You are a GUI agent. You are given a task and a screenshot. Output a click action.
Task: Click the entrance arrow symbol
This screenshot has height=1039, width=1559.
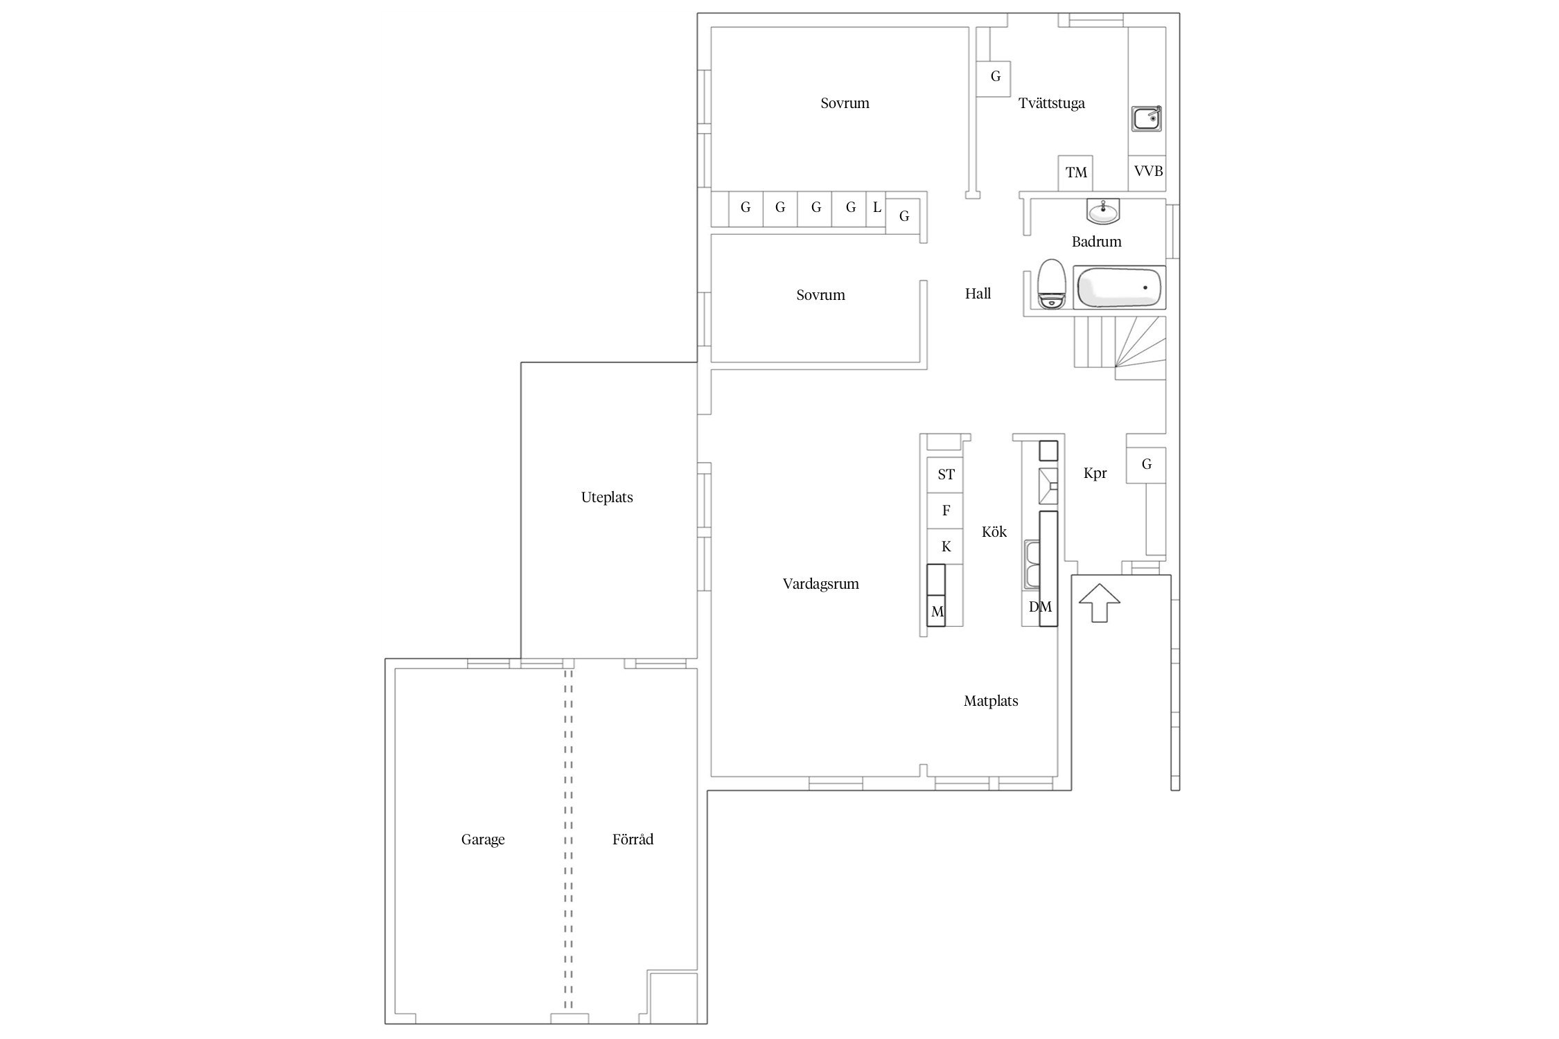(1100, 603)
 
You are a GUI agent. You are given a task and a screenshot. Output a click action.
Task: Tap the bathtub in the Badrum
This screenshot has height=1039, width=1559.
(1120, 287)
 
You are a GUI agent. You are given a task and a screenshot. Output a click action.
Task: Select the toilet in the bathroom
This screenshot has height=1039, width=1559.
(1051, 284)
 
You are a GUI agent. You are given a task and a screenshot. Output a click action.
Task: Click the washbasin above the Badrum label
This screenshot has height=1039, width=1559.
(1103, 211)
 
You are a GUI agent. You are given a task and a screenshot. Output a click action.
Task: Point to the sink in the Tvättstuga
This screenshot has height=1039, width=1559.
(1147, 118)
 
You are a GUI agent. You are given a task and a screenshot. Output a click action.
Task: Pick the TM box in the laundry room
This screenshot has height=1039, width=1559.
(1075, 173)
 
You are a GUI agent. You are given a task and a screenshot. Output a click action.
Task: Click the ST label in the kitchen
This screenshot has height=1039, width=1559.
(946, 474)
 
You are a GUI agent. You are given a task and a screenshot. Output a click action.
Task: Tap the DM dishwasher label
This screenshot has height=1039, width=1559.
(1040, 607)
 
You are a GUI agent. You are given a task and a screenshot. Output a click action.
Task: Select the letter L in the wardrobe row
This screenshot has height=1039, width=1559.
(877, 207)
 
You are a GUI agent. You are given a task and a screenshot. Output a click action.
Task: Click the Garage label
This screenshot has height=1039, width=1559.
(483, 840)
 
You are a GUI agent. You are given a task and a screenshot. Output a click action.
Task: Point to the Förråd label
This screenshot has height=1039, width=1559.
(633, 839)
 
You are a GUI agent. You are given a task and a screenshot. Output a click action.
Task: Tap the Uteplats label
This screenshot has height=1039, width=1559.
(607, 497)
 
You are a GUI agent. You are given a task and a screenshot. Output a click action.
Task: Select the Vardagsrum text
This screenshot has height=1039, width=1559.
(820, 584)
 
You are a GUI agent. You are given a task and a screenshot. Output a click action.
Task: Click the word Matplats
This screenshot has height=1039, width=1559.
(991, 701)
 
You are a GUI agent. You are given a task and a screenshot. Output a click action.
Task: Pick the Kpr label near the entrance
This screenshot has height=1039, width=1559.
(1095, 473)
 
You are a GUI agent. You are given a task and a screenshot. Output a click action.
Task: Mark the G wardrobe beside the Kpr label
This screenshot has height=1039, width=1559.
(1146, 465)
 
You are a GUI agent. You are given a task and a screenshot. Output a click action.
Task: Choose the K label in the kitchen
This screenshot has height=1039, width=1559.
(946, 547)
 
